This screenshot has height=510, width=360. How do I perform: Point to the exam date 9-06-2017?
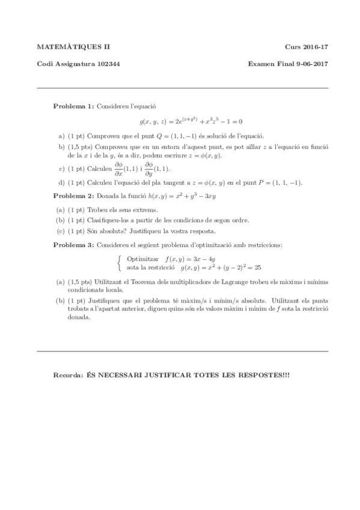coord(309,64)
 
